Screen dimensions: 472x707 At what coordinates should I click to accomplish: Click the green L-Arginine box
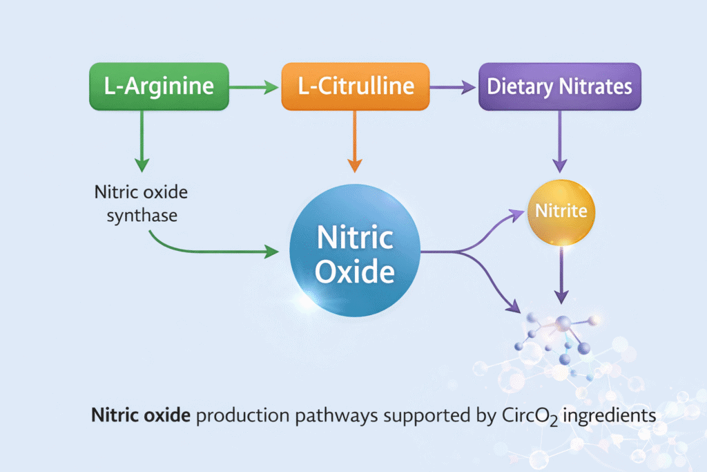point(159,86)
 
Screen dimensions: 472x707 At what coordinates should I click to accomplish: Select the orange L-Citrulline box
point(355,86)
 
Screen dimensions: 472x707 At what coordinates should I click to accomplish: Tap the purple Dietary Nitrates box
point(559,86)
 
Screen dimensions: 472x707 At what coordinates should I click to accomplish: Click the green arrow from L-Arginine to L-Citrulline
point(254,87)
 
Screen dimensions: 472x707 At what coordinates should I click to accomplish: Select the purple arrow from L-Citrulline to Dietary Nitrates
point(454,87)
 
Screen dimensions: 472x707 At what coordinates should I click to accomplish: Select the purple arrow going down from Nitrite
point(562,273)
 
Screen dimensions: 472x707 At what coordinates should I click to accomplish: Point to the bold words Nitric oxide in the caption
point(142,417)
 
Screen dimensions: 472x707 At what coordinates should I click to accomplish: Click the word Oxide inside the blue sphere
point(355,271)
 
